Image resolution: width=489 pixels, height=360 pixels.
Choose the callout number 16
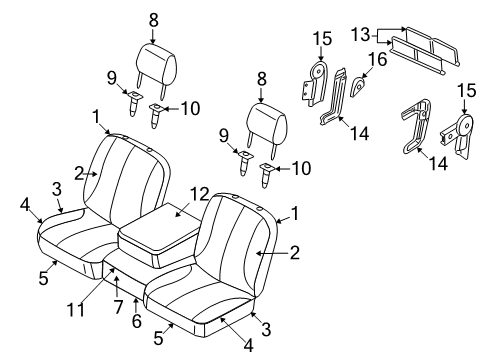pos(378,60)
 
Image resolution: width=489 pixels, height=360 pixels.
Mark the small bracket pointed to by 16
pos(357,88)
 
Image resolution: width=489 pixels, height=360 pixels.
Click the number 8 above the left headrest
pos(154,19)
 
